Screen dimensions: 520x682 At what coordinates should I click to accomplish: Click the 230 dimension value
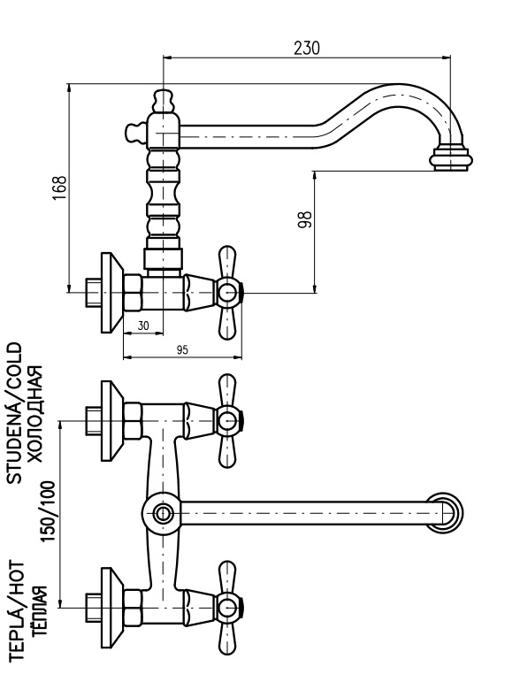[307, 48]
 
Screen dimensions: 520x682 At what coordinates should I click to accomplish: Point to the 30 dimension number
[143, 326]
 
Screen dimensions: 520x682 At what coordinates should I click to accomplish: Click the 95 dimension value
[182, 349]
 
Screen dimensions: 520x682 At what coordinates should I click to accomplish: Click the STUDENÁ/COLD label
[14, 413]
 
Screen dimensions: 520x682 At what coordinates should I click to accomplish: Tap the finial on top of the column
[164, 101]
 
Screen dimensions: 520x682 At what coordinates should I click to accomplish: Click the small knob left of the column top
[135, 132]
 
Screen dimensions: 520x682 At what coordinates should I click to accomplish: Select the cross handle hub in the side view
[229, 293]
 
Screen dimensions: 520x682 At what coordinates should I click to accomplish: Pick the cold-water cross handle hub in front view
[229, 421]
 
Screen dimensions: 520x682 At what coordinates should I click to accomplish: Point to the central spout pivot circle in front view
[163, 514]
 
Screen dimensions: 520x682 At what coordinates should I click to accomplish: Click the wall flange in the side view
[111, 293]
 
